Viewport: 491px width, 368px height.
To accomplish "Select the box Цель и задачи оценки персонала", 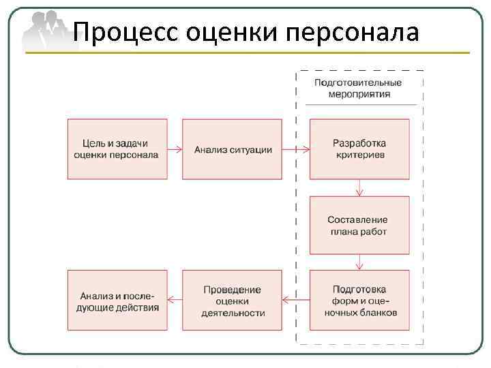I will (117, 149).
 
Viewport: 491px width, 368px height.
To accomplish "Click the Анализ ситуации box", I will (232, 149).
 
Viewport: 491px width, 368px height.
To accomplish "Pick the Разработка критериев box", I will (359, 149).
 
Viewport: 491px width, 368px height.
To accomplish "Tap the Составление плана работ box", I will (359, 226).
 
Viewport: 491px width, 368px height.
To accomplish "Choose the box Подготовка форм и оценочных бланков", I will (359, 301).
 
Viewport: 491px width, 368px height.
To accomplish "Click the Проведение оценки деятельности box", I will (232, 301).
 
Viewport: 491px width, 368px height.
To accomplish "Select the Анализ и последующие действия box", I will (117, 301).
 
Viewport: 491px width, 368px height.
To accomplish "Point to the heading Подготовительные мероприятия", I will (358, 89).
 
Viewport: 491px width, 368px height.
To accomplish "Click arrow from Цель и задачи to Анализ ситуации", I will (175, 149).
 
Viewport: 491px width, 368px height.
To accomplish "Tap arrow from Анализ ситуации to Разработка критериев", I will (295, 149).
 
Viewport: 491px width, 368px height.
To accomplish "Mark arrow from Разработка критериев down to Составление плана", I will (359, 188).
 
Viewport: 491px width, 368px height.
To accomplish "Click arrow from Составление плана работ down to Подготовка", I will (359, 262).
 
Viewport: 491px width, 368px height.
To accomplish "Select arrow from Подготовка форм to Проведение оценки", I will (295, 300).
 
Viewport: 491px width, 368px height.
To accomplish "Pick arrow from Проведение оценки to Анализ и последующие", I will (175, 300).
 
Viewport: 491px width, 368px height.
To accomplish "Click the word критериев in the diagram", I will (359, 155).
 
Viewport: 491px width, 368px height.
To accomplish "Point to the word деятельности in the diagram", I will (233, 313).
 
